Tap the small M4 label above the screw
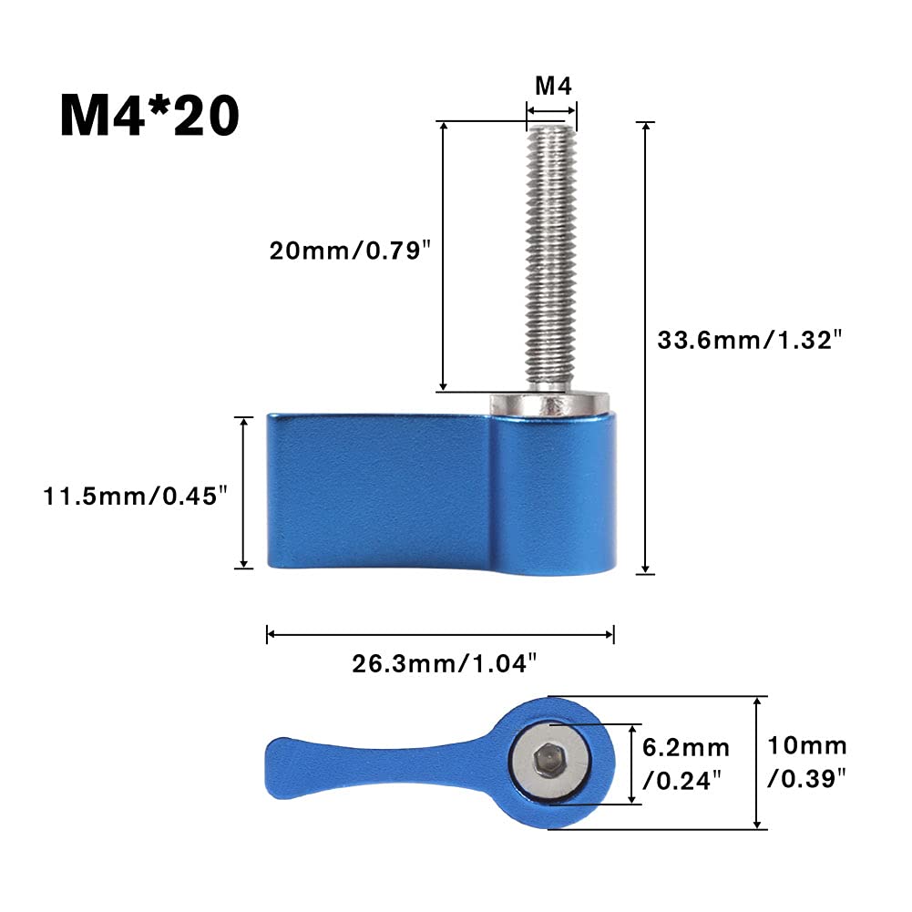(553, 86)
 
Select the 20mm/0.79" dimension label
(350, 251)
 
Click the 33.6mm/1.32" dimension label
(749, 340)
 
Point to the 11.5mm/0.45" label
(135, 497)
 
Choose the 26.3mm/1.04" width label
(445, 663)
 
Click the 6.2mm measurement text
(686, 747)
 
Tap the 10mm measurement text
(807, 745)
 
